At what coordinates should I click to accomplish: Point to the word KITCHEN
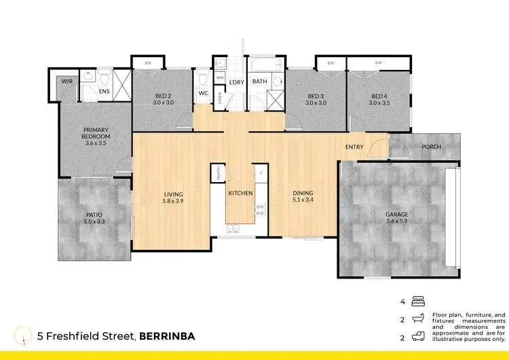pyautogui.click(x=240, y=194)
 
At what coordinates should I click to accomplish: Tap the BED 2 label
pyautogui.click(x=162, y=96)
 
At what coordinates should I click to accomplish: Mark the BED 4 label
pyautogui.click(x=378, y=96)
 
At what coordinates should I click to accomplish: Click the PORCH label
pyautogui.click(x=431, y=147)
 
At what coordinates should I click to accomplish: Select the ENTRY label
pyautogui.click(x=354, y=147)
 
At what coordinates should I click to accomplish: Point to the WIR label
pyautogui.click(x=67, y=81)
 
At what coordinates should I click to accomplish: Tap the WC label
pyautogui.click(x=204, y=94)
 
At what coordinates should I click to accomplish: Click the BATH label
pyautogui.click(x=260, y=82)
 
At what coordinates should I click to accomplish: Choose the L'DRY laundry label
pyautogui.click(x=236, y=82)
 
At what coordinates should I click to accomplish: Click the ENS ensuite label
pyautogui.click(x=104, y=91)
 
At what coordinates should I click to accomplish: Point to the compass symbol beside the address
pyautogui.click(x=25, y=335)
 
